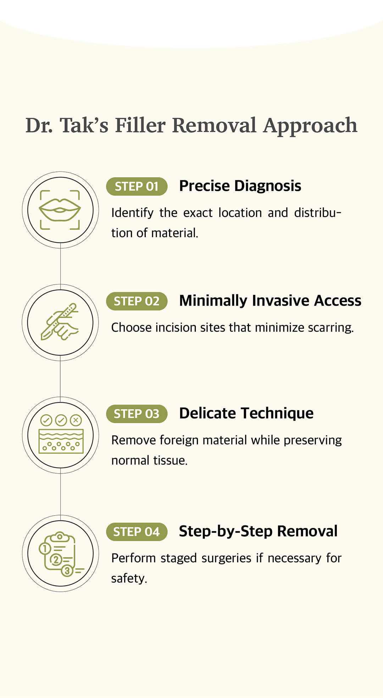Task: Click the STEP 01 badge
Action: point(137,186)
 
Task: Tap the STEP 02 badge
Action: point(137,301)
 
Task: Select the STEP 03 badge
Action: point(137,414)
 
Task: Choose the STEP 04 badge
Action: point(137,532)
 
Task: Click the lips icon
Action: point(60,210)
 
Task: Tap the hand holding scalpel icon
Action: point(60,322)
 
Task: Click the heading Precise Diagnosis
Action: point(240,186)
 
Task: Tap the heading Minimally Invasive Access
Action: point(270,301)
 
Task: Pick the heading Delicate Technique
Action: point(246,413)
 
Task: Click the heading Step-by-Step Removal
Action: point(258,531)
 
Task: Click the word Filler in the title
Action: point(140,125)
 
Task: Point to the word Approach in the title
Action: point(310,126)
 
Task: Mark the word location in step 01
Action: point(240,213)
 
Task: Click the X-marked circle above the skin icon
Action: point(76,420)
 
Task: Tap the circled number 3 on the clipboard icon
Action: point(67,571)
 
